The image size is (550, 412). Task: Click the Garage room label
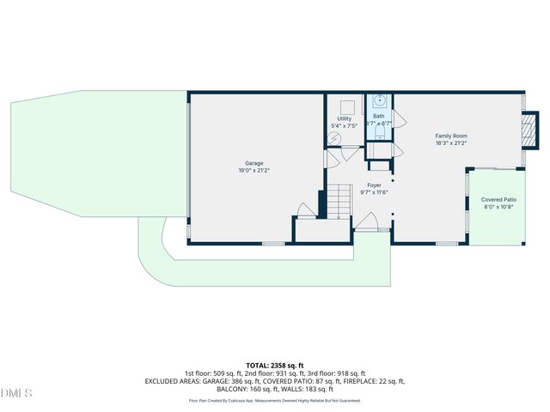(254, 163)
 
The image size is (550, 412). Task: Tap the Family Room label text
(450, 136)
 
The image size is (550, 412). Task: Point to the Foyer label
(374, 185)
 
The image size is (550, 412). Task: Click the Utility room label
(344, 118)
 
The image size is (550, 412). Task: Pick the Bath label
(378, 116)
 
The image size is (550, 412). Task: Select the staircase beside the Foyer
(339, 203)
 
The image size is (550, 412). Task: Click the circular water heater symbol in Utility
(337, 139)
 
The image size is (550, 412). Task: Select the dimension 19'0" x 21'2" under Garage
(254, 171)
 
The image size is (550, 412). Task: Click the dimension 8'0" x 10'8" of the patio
(498, 206)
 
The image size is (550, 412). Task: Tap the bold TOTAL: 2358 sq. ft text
(275, 366)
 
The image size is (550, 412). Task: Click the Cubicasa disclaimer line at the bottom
(275, 400)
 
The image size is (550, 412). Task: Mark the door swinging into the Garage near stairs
(305, 209)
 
